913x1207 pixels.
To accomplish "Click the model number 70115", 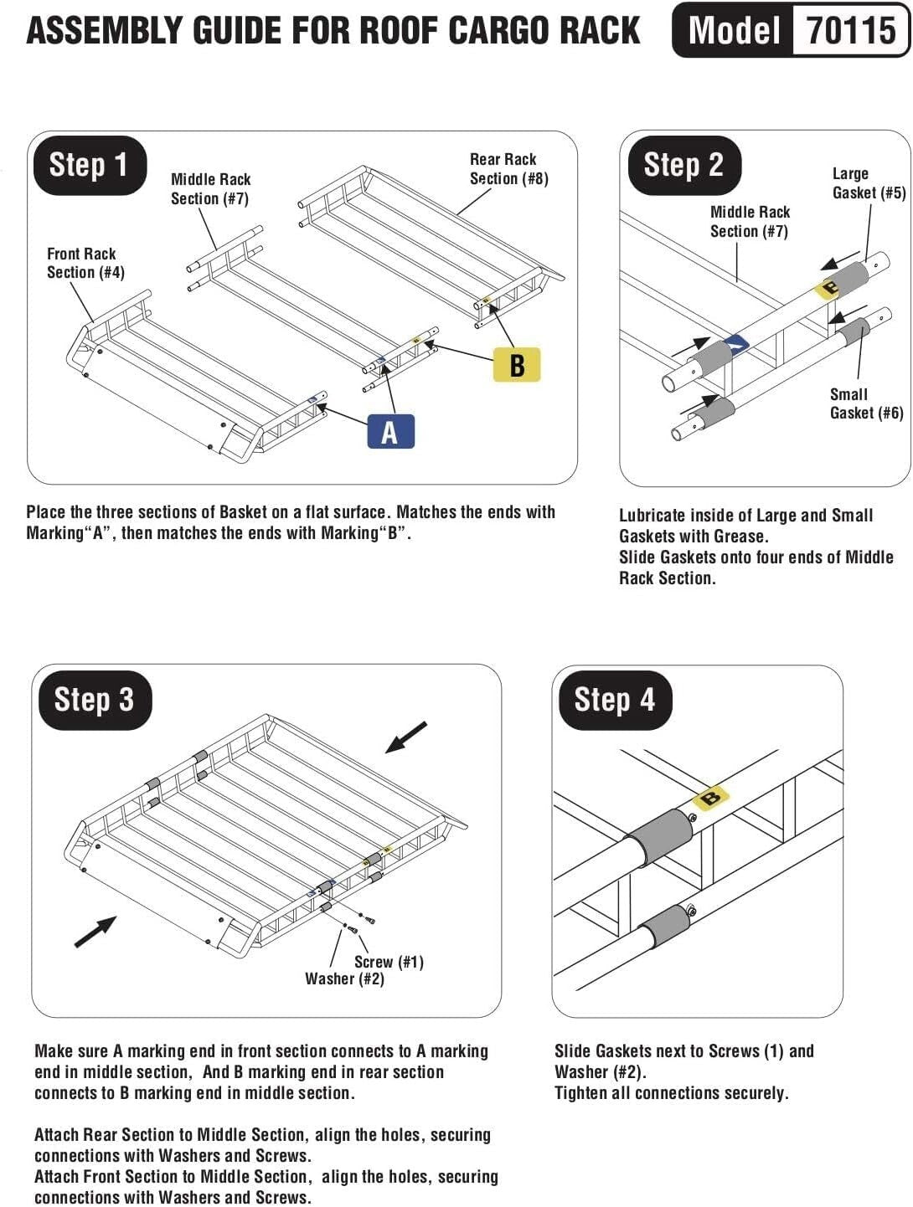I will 851,31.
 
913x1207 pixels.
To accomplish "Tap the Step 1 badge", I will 89,165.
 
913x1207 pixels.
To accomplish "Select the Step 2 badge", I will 683,165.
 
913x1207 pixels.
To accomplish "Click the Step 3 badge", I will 93,700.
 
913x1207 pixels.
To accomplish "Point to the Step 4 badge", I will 614,700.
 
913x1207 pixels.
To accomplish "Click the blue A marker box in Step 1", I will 390,432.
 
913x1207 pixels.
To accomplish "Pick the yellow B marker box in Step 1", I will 517,364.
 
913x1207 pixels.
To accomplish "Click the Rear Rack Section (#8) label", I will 508,168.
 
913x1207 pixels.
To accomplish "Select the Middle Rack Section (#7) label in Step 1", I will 210,189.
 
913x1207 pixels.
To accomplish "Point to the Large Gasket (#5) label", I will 868,183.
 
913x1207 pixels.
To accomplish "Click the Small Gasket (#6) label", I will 866,403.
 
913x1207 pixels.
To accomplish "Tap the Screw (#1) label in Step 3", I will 389,962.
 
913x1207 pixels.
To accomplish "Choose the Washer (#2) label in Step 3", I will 344,978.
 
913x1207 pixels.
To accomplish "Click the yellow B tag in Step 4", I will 710,798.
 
